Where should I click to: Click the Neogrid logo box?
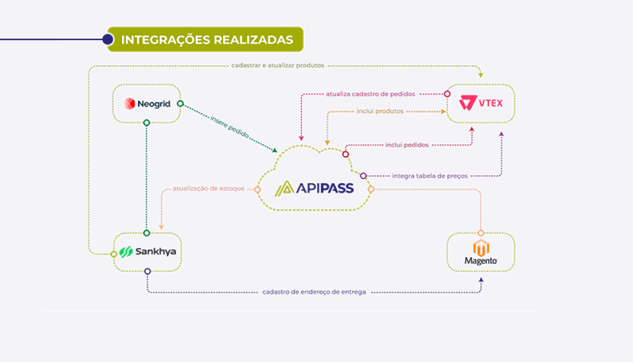[x=147, y=103]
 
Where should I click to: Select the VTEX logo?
[x=481, y=103]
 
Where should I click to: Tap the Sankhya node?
[x=147, y=251]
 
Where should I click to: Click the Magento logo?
[x=480, y=252]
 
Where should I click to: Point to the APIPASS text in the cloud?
[x=314, y=188]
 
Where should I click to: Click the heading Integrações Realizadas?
[x=207, y=39]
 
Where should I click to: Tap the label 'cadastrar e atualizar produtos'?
[x=278, y=65]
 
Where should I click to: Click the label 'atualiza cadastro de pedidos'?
[x=370, y=94]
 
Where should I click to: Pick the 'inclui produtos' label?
[x=380, y=111]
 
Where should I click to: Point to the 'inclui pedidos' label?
[x=407, y=145]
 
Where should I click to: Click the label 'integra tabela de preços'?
[x=430, y=176]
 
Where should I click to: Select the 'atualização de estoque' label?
[x=208, y=189]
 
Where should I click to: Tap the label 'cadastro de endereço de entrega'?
[x=314, y=292]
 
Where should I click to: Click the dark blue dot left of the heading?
[x=107, y=39]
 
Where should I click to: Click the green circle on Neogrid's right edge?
[x=180, y=103]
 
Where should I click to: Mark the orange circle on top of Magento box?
[x=480, y=233]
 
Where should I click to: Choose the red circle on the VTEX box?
[x=447, y=94]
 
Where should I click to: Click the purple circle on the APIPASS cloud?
[x=364, y=176]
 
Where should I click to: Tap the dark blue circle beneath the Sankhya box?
[x=147, y=271]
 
